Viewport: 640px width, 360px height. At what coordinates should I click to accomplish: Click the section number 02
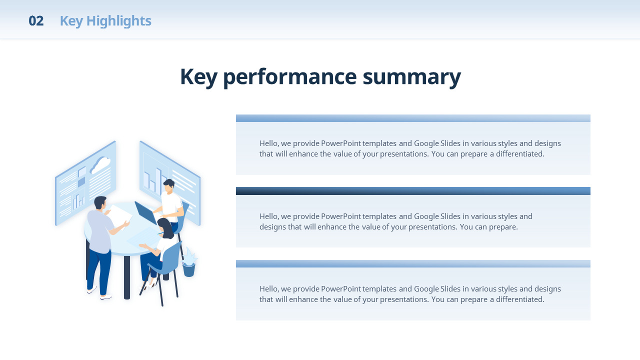[36, 21]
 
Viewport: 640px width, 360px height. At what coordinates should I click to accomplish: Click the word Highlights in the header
[119, 21]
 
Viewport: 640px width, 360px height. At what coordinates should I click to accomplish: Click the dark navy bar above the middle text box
[413, 191]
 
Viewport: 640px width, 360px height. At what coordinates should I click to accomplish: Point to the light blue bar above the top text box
[413, 118]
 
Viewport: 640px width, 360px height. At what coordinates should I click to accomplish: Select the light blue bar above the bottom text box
[413, 263]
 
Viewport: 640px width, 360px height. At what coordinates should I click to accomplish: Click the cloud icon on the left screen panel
[100, 165]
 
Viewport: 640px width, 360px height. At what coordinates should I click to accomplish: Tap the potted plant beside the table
[189, 262]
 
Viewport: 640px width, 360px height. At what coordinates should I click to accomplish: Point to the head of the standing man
[100, 203]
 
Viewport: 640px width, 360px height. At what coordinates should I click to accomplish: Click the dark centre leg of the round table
[127, 277]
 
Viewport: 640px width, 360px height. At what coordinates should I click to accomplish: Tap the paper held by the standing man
[119, 216]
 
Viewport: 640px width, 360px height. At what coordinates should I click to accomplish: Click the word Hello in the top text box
[269, 143]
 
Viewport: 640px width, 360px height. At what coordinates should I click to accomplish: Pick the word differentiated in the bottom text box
[520, 299]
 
